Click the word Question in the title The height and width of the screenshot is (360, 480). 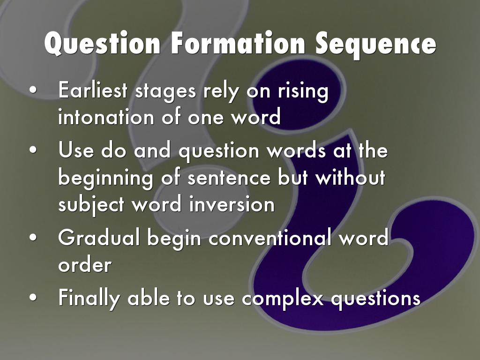(102, 44)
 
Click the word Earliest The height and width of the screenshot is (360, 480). (92, 90)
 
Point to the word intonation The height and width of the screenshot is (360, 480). (106, 117)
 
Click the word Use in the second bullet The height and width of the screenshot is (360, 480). (76, 150)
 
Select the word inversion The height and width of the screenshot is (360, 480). (232, 204)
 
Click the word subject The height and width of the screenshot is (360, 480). (91, 205)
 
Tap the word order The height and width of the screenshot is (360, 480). (85, 265)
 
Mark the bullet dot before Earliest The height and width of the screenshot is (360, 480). (33, 90)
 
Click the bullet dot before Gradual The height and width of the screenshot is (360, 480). (33, 238)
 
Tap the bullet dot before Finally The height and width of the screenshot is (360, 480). (33, 298)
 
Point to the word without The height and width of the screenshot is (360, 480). (351, 177)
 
